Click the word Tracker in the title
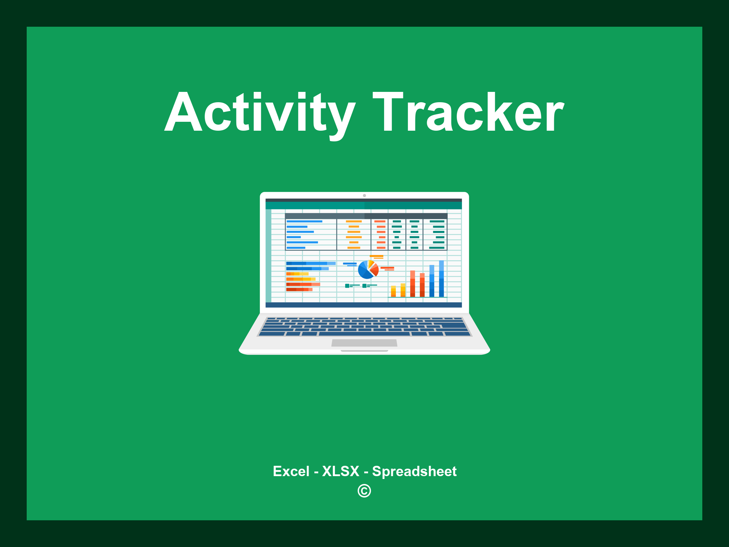coord(468,112)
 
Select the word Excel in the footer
coord(291,471)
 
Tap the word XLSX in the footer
coord(341,471)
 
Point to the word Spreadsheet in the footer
coord(414,471)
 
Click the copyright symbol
coord(364,491)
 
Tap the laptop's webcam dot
coord(364,196)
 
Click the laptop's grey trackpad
coord(364,343)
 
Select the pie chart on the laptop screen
coord(368,270)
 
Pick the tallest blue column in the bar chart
coord(441,278)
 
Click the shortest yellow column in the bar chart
coord(393,291)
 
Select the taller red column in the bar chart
coord(413,283)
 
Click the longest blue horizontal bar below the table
coord(310,263)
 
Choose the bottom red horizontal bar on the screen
coord(299,290)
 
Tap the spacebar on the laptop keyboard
coord(364,334)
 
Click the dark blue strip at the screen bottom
coord(363,305)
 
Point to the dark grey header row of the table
coord(366,216)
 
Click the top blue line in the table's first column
coord(304,221)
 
